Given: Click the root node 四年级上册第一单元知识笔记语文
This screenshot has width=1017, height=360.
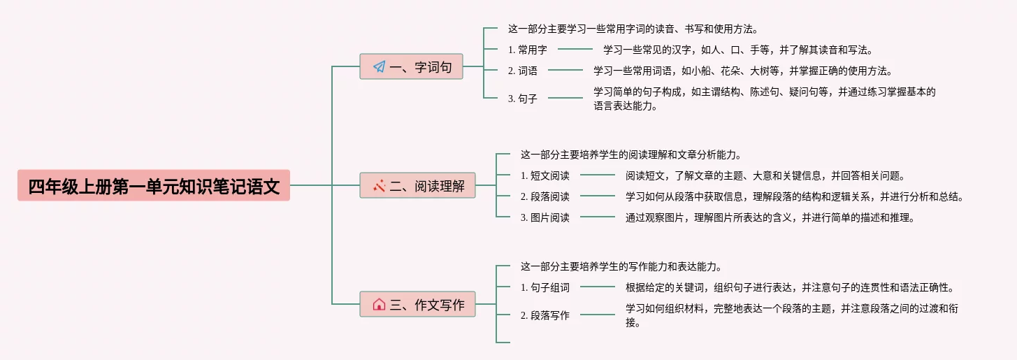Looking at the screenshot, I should [x=154, y=186].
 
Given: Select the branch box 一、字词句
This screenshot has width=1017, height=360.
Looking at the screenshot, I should [x=411, y=67].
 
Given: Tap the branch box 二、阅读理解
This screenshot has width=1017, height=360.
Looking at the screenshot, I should [x=418, y=186].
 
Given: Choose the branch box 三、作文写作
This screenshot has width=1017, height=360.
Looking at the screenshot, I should [x=418, y=304].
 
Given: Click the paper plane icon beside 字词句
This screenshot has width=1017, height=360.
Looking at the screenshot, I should [x=379, y=67].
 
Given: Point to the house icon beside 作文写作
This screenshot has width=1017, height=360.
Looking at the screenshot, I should [x=379, y=304].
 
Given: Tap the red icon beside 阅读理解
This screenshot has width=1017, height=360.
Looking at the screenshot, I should [x=379, y=186].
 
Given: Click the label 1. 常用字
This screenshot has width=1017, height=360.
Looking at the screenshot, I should [x=527, y=50].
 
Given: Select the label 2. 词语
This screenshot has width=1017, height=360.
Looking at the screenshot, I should [x=522, y=71].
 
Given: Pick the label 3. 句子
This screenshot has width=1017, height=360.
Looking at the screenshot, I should [x=522, y=99].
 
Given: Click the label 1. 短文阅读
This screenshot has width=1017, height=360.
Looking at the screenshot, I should [x=544, y=175].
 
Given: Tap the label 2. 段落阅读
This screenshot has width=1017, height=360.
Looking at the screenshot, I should [x=544, y=196].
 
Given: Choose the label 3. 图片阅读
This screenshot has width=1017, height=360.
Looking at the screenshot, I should [x=544, y=217].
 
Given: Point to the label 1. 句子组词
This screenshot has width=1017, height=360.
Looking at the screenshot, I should [x=544, y=287].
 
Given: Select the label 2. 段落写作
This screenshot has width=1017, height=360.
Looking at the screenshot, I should [x=544, y=315].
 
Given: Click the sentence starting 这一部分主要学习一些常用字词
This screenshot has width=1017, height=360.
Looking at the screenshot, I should [x=633, y=29].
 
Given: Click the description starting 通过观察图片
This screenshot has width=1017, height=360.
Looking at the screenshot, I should [x=770, y=217].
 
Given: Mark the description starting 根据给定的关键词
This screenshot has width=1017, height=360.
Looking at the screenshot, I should [x=789, y=287].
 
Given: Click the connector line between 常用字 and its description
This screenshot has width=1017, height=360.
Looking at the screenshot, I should [x=575, y=50].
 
